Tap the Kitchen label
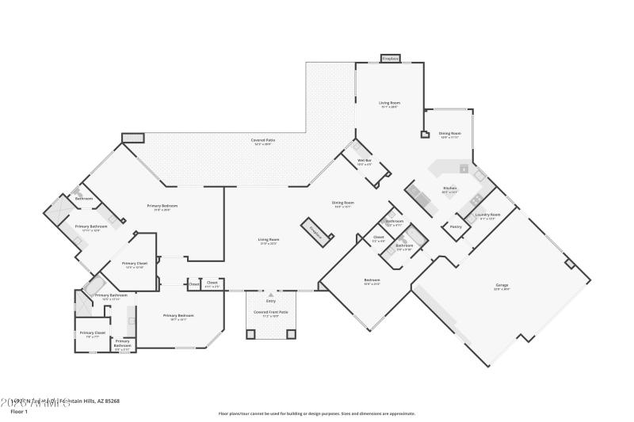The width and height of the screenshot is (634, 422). pyautogui.click(x=449, y=189)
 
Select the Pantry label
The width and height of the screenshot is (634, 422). pyautogui.click(x=456, y=227)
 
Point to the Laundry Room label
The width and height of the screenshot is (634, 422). pyautogui.click(x=487, y=215)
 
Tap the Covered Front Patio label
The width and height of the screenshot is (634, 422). pyautogui.click(x=270, y=313)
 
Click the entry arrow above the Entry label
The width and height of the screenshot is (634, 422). pyautogui.click(x=270, y=294)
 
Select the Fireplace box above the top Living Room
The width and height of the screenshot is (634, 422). pyautogui.click(x=390, y=59)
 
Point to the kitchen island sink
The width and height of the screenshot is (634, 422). pyautogui.click(x=463, y=169)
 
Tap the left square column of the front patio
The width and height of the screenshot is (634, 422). pyautogui.click(x=251, y=334)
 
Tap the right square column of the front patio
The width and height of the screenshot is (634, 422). pyautogui.click(x=291, y=334)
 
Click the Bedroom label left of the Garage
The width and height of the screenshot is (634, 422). pyautogui.click(x=372, y=281)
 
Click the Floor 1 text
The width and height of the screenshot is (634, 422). pyautogui.click(x=18, y=412)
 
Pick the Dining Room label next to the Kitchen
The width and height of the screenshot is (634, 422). pyautogui.click(x=449, y=134)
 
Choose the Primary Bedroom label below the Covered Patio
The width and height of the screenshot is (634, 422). pyautogui.click(x=162, y=207)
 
